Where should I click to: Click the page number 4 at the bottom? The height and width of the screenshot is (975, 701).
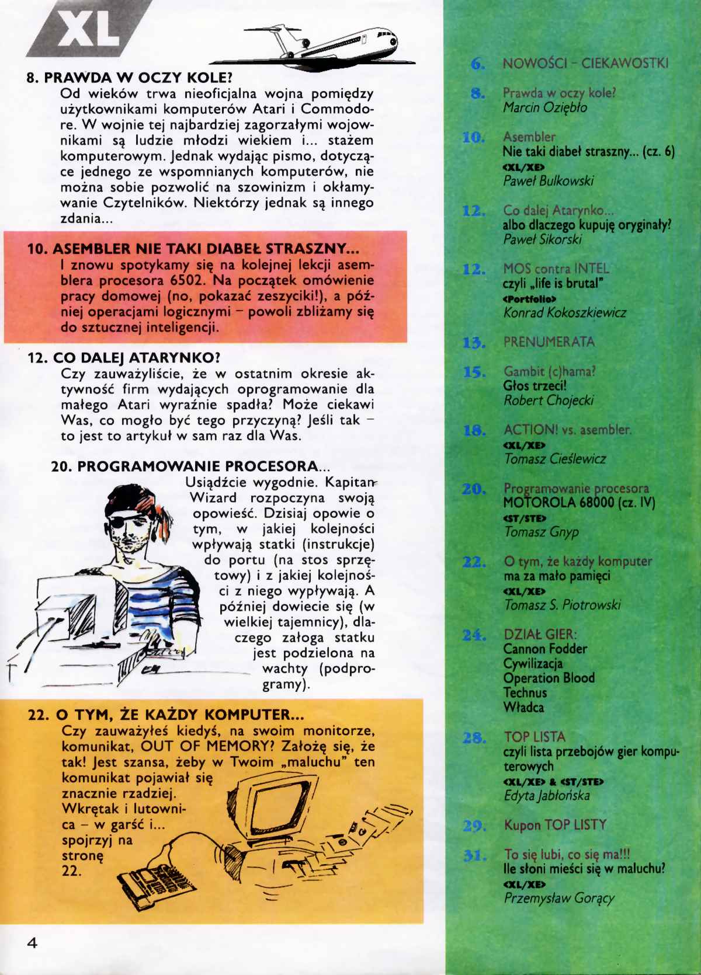coord(32,942)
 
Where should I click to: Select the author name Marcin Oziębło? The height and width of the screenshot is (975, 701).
coord(545,108)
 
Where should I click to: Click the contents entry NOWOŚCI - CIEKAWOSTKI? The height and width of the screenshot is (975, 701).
coord(585,64)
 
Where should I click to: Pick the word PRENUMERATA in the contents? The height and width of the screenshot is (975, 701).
coord(549,342)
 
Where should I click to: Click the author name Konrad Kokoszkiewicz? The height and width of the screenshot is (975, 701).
coord(564,313)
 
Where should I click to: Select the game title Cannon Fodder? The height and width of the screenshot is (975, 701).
coord(545,649)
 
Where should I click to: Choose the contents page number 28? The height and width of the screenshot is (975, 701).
coord(474,738)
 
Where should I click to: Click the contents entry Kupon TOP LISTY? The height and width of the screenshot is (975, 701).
coord(555,825)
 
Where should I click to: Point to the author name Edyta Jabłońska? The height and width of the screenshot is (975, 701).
coord(547,796)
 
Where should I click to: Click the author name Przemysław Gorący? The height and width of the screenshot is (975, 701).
coord(559,898)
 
